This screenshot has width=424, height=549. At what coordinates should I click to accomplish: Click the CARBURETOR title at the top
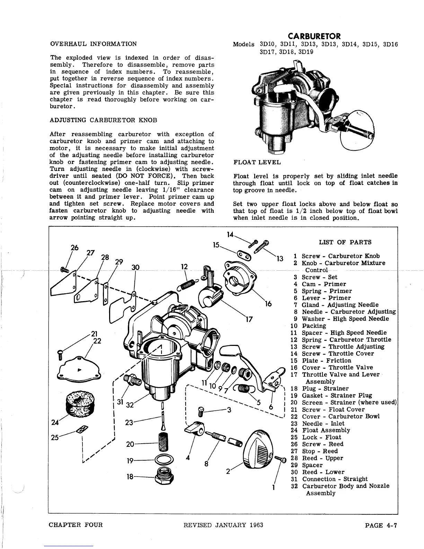pyautogui.click(x=315, y=36)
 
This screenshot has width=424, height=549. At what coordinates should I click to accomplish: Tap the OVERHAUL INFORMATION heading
pyautogui.click(x=94, y=44)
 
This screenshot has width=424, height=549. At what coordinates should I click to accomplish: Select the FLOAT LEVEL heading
pyautogui.click(x=257, y=162)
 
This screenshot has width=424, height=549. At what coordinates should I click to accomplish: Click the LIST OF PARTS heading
pyautogui.click(x=345, y=242)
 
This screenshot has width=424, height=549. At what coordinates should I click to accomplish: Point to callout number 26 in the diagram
pyautogui.click(x=74, y=247)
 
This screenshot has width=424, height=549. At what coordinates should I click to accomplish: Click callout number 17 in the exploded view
pyautogui.click(x=248, y=319)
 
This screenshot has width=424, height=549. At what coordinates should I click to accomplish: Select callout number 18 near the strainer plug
pyautogui.click(x=130, y=477)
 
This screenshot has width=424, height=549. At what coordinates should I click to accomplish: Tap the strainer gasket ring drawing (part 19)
pyautogui.click(x=162, y=460)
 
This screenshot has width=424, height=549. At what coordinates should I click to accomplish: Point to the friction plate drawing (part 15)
pyautogui.click(x=244, y=256)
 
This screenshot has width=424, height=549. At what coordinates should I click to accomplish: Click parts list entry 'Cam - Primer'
pyautogui.click(x=324, y=284)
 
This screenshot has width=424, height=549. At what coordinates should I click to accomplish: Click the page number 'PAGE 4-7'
pyautogui.click(x=381, y=525)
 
